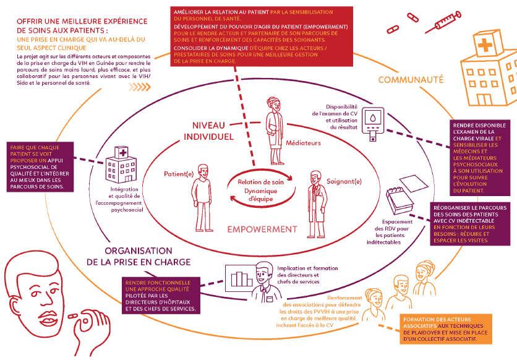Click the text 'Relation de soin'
click(259, 182)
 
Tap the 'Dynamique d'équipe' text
click(259, 195)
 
